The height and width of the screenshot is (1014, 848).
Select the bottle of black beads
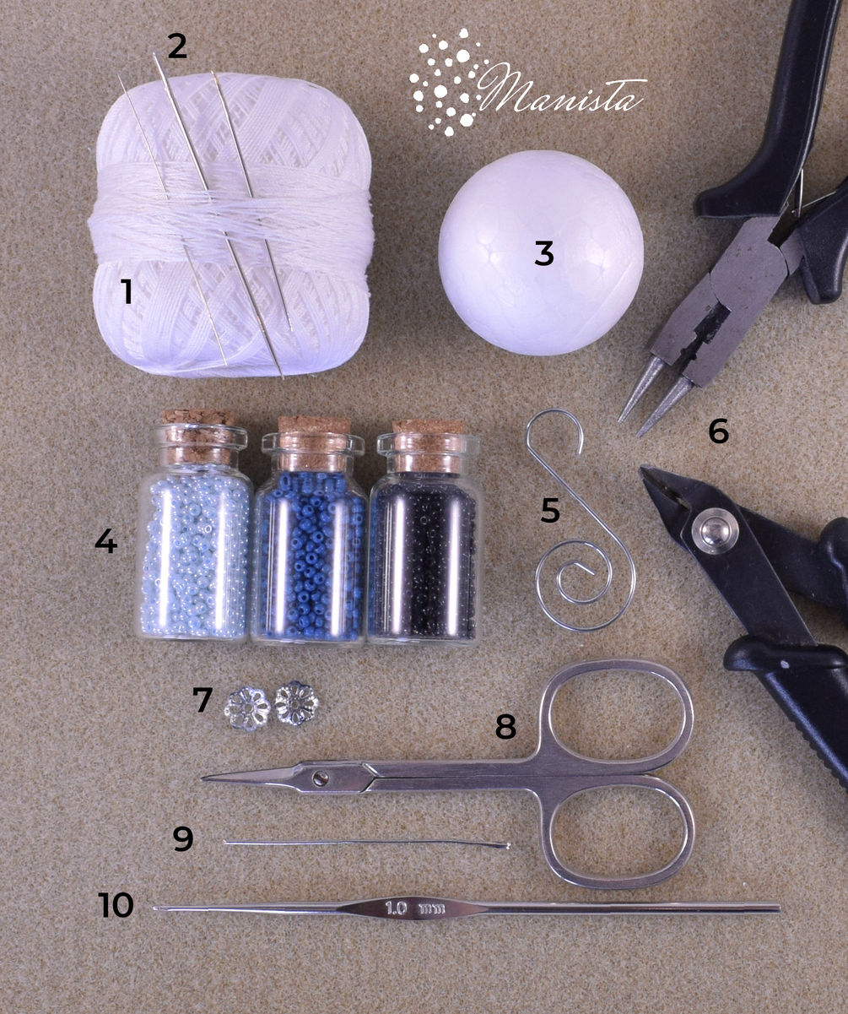427,531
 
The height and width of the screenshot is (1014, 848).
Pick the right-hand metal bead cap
296,703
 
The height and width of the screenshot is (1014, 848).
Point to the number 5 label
550,510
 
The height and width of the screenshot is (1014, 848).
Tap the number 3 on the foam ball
543,253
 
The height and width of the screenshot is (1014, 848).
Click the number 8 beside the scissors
505,727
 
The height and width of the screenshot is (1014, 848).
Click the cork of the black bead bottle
428,446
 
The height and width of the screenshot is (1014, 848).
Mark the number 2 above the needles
177,46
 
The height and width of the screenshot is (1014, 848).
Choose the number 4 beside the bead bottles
105,540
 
